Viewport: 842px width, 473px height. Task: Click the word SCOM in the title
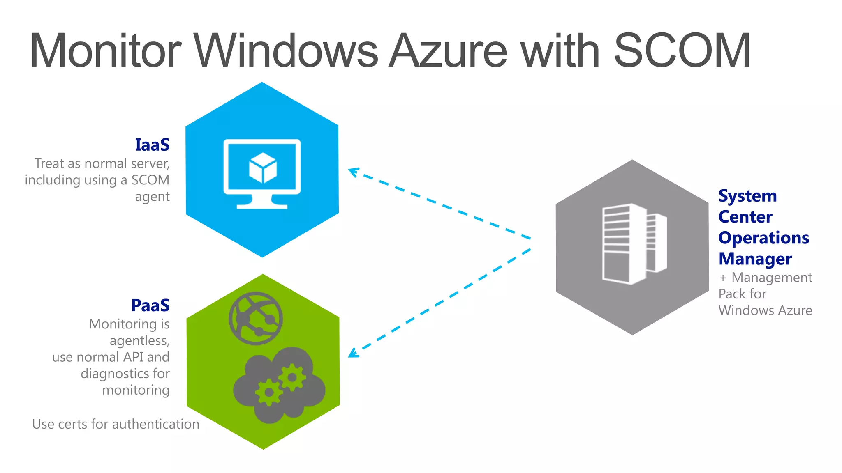(x=682, y=51)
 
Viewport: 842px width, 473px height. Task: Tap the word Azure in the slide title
(x=449, y=51)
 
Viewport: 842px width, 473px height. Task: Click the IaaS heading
(x=152, y=145)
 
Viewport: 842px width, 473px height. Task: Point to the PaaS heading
(x=150, y=305)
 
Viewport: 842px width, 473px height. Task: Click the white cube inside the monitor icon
(x=263, y=168)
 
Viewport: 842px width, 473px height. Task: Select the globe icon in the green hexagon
(x=256, y=318)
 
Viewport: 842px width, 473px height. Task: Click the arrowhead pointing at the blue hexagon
(x=353, y=171)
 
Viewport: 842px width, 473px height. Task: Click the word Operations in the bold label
(x=763, y=238)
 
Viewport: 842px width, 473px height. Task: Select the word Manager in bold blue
(x=755, y=259)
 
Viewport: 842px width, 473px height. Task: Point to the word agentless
(x=139, y=341)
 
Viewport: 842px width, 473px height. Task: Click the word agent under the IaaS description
(x=152, y=197)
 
